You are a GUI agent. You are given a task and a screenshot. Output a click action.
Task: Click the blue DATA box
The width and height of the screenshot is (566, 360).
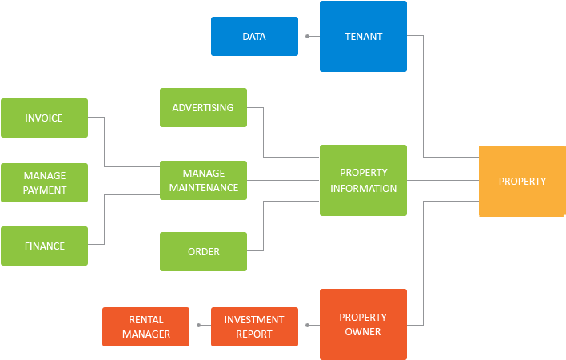(x=254, y=37)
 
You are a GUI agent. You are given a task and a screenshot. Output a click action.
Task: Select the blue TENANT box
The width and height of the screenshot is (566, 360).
(x=363, y=37)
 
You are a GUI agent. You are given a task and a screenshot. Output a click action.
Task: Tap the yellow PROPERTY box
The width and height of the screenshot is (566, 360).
(x=522, y=182)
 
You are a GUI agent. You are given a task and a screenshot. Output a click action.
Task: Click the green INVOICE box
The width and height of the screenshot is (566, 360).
(x=44, y=118)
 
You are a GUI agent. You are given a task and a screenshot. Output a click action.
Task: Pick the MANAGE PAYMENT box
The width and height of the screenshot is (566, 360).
(x=44, y=182)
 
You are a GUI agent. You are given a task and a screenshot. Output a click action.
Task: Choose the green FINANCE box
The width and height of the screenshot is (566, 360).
(x=44, y=246)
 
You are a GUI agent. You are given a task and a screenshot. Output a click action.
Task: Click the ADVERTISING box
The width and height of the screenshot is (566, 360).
(x=203, y=108)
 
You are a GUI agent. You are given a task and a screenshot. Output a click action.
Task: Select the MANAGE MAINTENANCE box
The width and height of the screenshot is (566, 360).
(x=203, y=180)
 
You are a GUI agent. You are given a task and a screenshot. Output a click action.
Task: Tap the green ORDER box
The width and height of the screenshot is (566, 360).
(x=203, y=252)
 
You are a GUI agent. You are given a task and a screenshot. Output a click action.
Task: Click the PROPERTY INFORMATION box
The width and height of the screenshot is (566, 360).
(x=363, y=181)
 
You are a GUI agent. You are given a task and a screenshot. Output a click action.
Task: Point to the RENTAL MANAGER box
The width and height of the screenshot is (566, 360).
(x=146, y=326)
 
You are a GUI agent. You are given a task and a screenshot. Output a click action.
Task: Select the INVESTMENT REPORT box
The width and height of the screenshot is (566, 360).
(x=254, y=326)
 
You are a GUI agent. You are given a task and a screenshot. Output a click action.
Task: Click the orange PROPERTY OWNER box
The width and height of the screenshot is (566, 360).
(x=363, y=324)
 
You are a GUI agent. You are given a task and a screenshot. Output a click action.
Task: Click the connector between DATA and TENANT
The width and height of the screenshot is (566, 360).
(x=309, y=37)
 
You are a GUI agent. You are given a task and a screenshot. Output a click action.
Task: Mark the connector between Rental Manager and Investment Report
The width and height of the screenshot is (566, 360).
(x=200, y=326)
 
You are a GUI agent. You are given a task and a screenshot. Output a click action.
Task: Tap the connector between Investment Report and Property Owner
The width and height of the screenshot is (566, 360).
(x=309, y=326)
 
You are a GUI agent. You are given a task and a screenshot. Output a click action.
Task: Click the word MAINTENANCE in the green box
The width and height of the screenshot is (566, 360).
(x=203, y=188)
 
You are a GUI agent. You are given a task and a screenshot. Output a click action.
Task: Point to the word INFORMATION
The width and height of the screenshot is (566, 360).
(x=363, y=189)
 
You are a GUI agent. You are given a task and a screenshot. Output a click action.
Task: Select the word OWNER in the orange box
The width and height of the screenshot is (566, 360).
(x=363, y=332)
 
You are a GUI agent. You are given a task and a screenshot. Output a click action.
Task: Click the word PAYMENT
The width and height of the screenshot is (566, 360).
(x=44, y=190)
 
